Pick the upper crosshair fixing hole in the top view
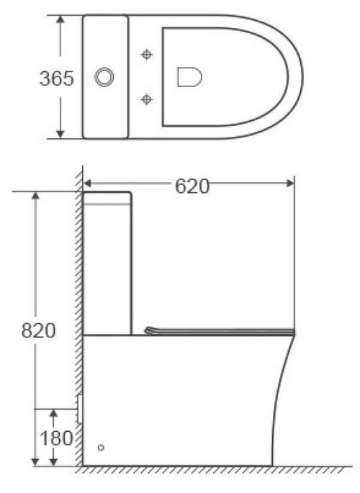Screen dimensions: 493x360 (x=148, y=54)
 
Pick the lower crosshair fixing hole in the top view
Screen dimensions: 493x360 (x=148, y=99)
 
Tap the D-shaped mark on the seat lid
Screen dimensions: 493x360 (x=189, y=76)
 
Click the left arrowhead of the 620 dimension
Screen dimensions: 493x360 (x=89, y=183)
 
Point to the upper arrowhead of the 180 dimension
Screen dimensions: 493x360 (x=53, y=413)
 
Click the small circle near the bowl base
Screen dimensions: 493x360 (x=101, y=448)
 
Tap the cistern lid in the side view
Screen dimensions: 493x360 (x=108, y=196)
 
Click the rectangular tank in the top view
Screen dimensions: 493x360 (x=106, y=76)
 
